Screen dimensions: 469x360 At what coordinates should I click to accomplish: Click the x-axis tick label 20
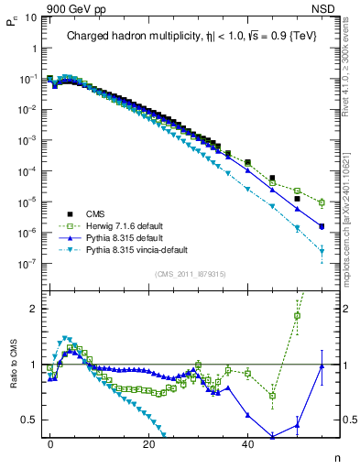point(148,443)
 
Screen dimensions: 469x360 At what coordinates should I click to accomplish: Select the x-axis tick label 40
point(247,443)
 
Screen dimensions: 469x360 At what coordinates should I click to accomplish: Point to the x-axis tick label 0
point(50,443)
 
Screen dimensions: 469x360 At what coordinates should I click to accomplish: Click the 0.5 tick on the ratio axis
point(29,420)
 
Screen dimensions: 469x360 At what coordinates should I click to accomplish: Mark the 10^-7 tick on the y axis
point(27,263)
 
